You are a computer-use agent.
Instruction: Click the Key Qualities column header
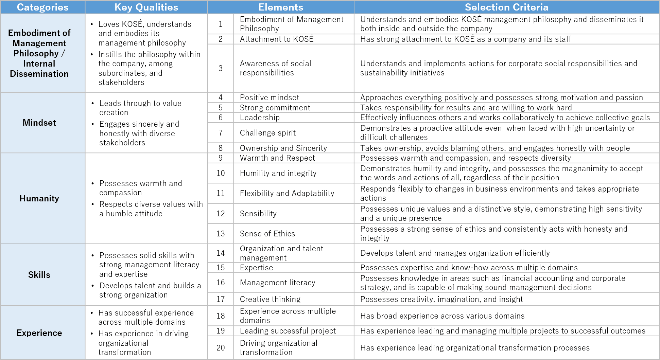click(146, 7)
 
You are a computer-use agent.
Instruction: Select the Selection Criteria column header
click(506, 7)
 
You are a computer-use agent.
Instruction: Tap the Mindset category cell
click(39, 123)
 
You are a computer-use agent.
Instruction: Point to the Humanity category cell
click(39, 198)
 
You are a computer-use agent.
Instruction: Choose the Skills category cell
click(39, 275)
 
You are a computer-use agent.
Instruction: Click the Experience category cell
click(39, 333)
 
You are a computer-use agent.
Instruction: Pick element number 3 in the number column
click(221, 68)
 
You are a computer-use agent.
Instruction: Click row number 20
click(221, 348)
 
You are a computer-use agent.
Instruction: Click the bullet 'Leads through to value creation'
click(140, 108)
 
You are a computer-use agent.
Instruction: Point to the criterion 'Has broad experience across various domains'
click(442, 316)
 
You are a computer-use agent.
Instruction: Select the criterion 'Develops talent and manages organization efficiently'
click(455, 253)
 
